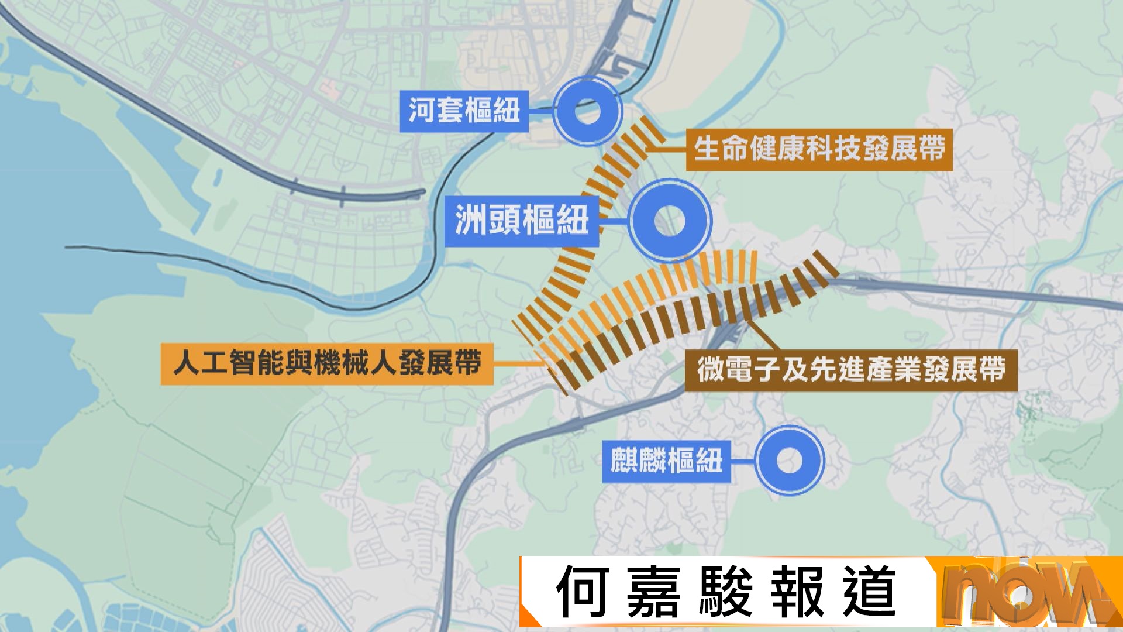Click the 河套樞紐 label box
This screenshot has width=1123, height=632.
point(464,111)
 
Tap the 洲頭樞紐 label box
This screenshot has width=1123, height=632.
point(521,221)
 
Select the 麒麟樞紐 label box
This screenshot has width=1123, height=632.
point(666,461)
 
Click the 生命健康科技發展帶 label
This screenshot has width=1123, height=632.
point(819,149)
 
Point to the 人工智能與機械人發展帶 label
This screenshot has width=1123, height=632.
point(326,363)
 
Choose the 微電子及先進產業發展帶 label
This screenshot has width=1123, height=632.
point(851,370)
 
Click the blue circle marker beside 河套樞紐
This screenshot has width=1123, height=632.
point(587,111)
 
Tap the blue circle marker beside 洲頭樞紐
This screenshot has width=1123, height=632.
point(670,221)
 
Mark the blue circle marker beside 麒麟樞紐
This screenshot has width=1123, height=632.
point(789,461)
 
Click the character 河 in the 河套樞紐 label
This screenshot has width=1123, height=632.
point(422,111)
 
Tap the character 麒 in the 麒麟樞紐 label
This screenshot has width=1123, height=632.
point(624,461)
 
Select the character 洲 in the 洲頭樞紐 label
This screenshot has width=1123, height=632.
point(471,221)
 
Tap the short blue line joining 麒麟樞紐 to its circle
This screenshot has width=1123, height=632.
point(742,461)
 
